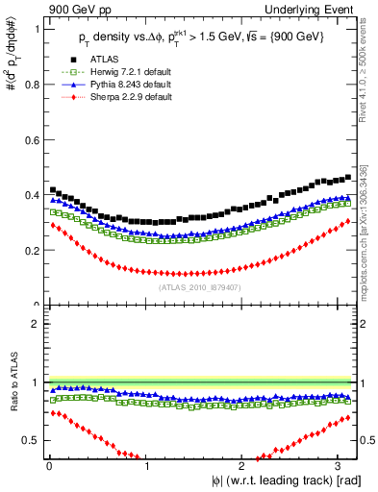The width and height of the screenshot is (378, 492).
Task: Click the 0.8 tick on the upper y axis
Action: (x=32, y=85)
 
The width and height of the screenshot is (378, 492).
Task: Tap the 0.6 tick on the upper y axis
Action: (x=32, y=140)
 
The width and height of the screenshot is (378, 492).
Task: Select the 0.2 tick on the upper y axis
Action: (x=32, y=251)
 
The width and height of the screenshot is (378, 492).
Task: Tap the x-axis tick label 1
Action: (x=147, y=467)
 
